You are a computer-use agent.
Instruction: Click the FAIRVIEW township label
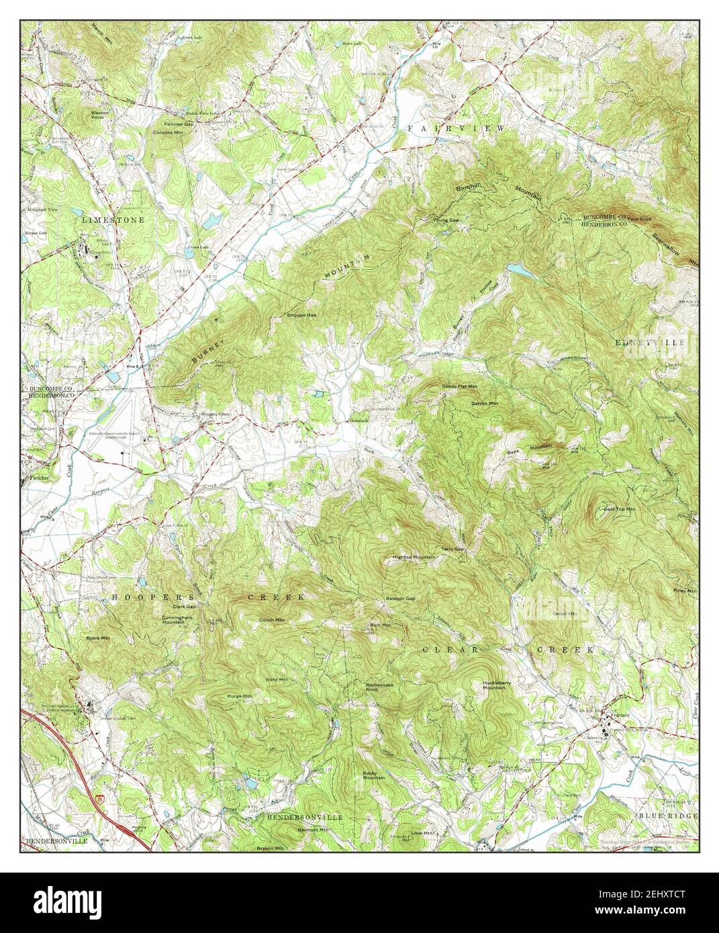click(x=455, y=127)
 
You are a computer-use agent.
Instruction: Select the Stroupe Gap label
click(x=301, y=315)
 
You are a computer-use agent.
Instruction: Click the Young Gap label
click(x=445, y=219)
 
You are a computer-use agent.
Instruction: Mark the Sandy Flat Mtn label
click(x=459, y=387)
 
